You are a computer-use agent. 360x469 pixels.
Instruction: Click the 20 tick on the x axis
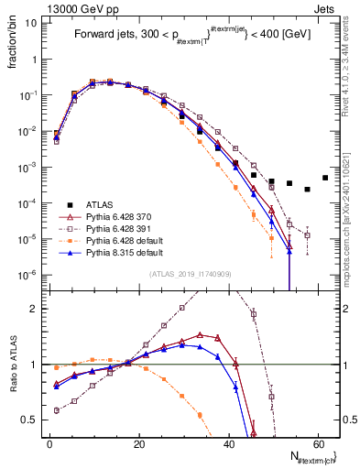click(x=138, y=445)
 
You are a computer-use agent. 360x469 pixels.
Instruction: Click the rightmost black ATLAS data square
click(x=325, y=178)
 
